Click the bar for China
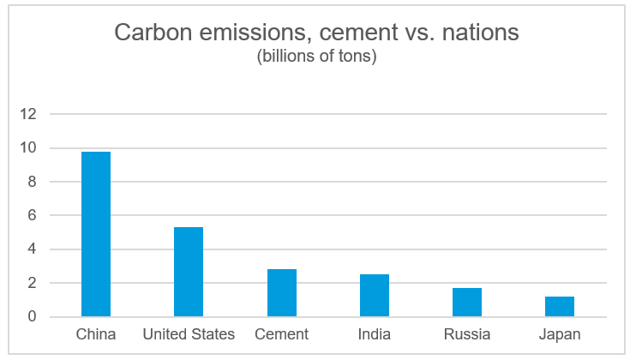coord(96,234)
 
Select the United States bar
coord(189,272)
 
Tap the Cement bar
coord(282,293)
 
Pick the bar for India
coord(375,296)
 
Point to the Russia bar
coord(467,303)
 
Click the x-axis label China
coord(96,334)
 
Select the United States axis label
coord(189,334)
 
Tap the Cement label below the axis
coord(282,334)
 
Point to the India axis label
coord(375,334)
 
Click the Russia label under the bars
coord(467,334)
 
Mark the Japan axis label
coord(560,334)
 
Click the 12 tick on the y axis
coord(30,114)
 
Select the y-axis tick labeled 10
coord(30,147)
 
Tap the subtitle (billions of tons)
coord(316,57)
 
